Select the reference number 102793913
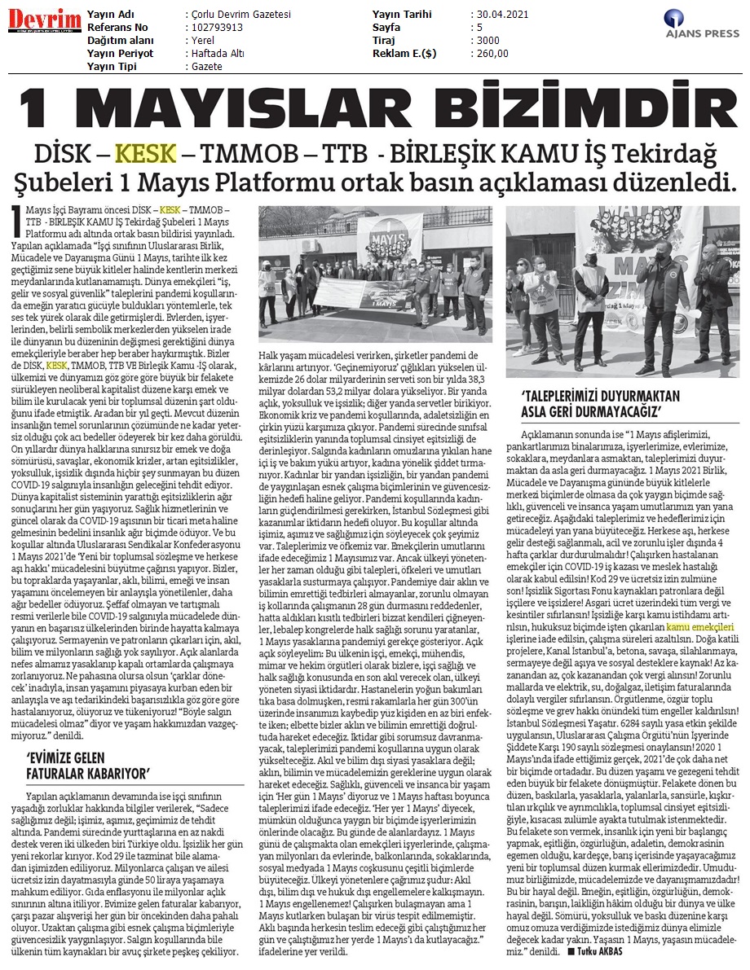pyautogui.click(x=215, y=27)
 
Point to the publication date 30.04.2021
pyautogui.click(x=503, y=15)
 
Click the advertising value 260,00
pyautogui.click(x=492, y=53)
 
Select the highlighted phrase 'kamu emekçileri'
pyautogui.click(x=700, y=627)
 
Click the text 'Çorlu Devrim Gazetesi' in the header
pyautogui.click(x=240, y=15)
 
